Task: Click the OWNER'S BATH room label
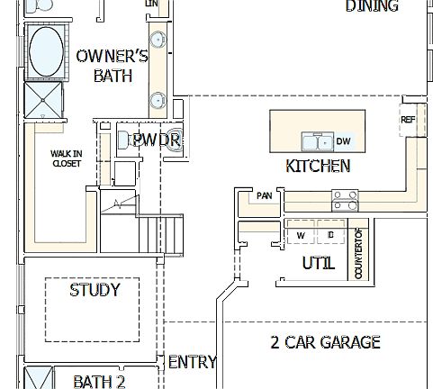[x=113, y=66]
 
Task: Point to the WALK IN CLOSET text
[x=66, y=158]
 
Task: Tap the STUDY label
[x=94, y=290]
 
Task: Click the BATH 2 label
[x=99, y=381]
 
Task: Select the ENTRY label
[x=193, y=362]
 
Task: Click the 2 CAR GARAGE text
[x=325, y=342]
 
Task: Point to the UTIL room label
[x=319, y=264]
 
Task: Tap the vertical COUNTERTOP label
[x=358, y=253]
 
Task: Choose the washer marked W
[x=301, y=235]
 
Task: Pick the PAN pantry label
[x=264, y=195]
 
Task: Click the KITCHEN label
[x=318, y=166]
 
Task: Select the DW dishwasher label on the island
[x=343, y=141]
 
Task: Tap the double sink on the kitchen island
[x=316, y=141]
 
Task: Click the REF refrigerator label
[x=408, y=120]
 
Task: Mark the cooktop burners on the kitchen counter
[x=346, y=198]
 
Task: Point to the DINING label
[x=372, y=6]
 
